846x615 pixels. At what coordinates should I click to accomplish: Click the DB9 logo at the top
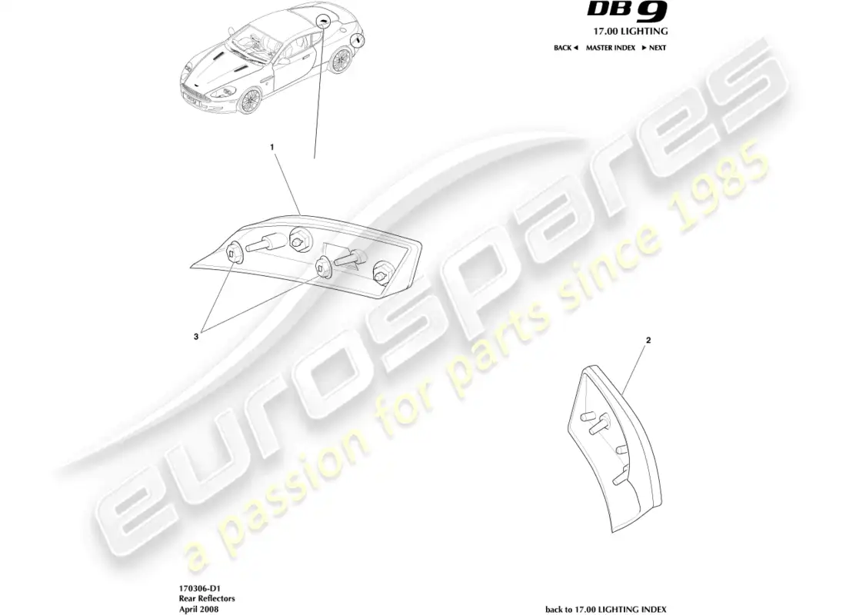pyautogui.click(x=628, y=10)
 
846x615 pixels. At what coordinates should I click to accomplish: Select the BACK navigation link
pyautogui.click(x=565, y=48)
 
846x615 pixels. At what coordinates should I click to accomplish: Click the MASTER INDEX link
pyautogui.click(x=610, y=48)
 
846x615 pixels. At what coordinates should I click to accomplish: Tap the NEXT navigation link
pyautogui.click(x=654, y=48)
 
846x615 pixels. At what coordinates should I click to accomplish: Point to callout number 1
pyautogui.click(x=272, y=147)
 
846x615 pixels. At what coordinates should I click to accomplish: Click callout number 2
pyautogui.click(x=648, y=341)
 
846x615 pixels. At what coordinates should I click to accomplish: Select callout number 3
pyautogui.click(x=196, y=337)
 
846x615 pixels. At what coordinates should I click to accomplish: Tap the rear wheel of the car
pyautogui.click(x=341, y=60)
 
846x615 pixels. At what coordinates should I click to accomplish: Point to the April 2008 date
pyautogui.click(x=198, y=609)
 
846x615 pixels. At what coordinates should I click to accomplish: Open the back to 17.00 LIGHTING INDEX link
pyautogui.click(x=606, y=609)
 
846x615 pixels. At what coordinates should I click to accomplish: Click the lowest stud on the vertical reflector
pyautogui.click(x=619, y=476)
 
